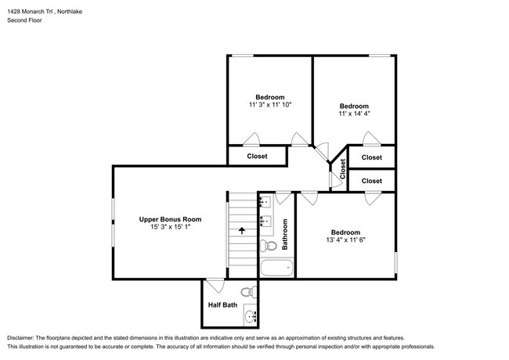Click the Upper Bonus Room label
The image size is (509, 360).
[171, 219]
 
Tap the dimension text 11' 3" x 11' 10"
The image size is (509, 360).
[269, 105]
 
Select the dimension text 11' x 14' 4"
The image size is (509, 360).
[354, 114]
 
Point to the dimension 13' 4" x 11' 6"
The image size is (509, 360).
[345, 240]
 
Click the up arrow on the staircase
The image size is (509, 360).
[241, 231]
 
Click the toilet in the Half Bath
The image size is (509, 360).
[248, 293]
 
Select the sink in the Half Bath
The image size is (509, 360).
[251, 316]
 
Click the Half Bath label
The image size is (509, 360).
[222, 305]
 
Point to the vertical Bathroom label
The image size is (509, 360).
[285, 233]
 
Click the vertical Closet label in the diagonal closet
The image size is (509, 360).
[342, 168]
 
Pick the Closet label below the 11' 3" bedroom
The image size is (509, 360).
[257, 157]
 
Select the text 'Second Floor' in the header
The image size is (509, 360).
[24, 20]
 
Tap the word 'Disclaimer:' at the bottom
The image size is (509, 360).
[27, 333]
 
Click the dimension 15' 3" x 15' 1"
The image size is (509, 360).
[171, 228]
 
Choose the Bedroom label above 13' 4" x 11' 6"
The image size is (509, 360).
[345, 232]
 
